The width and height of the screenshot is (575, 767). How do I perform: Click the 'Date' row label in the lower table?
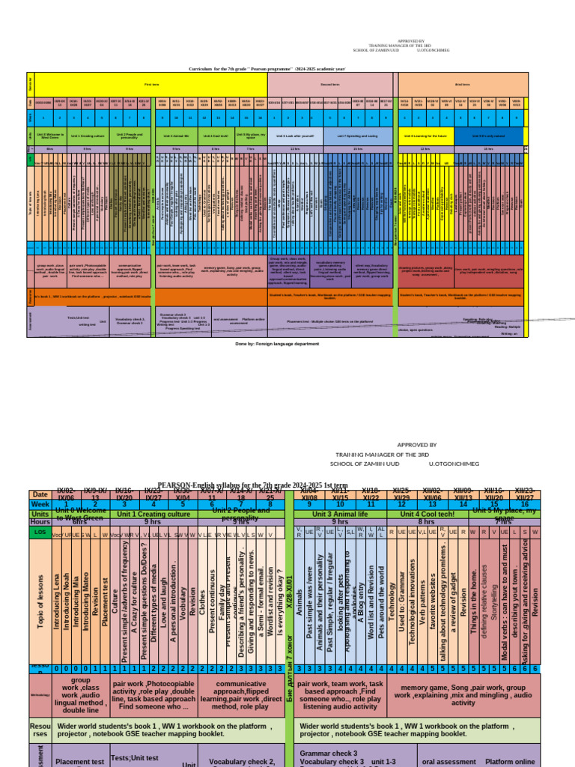point(40,494)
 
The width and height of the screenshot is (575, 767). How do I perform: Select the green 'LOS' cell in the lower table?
point(40,533)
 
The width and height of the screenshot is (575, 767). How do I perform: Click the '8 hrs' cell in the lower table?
point(427,522)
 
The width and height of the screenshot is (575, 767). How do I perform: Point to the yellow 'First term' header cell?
point(151,84)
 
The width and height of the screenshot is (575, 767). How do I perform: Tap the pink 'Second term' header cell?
point(329,84)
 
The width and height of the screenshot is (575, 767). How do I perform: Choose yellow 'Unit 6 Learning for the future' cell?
point(426,136)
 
